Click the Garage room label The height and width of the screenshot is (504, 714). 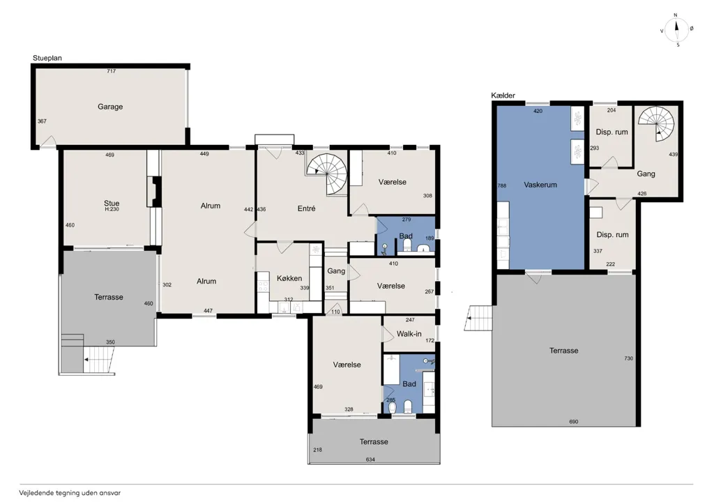coord(110,107)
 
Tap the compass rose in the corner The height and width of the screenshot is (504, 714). coord(676,30)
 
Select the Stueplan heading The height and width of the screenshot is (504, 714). coord(47,58)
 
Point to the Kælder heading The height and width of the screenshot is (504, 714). coord(503,96)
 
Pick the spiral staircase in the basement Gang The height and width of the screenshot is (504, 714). coord(656,123)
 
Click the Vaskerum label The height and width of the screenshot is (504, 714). coord(540,185)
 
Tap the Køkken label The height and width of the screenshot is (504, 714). coord(289,278)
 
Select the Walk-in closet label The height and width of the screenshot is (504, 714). coord(409,334)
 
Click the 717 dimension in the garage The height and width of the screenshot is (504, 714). coord(111,71)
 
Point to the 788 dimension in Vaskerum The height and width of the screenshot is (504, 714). coord(502,185)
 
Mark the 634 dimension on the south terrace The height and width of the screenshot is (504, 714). coord(370,459)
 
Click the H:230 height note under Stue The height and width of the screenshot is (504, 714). coord(112,209)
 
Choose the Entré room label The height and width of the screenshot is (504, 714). coord(307,208)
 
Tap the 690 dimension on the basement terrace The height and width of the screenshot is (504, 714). coord(573,422)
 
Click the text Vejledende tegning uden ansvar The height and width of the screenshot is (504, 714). coord(70,493)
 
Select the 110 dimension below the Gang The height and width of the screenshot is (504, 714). coord(335,312)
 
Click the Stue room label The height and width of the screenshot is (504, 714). coord(112,203)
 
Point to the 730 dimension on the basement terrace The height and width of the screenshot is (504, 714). coord(628,358)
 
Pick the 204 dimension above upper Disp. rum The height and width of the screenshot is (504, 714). coord(612,110)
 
